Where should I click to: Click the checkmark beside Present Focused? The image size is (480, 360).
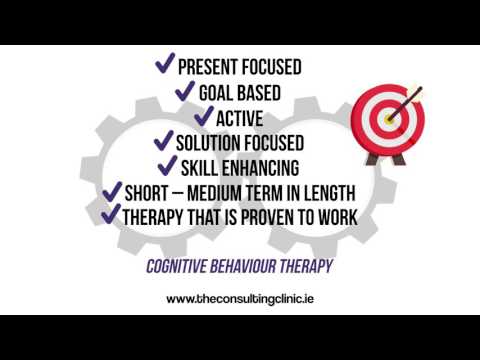tap(164, 65)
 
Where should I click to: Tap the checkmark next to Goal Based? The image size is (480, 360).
tap(185, 91)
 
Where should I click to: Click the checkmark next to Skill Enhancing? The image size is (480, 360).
tap(167, 166)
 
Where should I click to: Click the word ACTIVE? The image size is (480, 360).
tap(245, 118)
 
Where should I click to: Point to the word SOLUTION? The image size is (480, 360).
tap(210, 143)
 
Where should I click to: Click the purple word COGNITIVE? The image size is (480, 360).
tap(181, 267)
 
